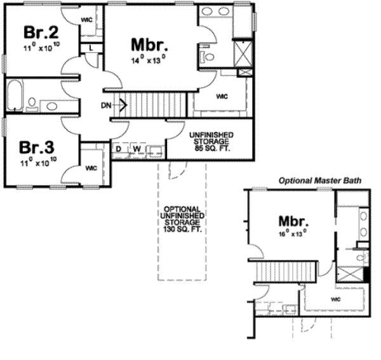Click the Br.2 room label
(x=37, y=32)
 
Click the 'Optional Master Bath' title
(x=320, y=181)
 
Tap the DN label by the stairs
(x=106, y=105)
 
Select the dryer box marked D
(x=119, y=149)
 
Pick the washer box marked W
(x=136, y=149)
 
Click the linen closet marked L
(x=92, y=48)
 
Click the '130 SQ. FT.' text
(x=183, y=230)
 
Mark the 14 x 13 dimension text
(x=149, y=61)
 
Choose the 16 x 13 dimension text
(x=293, y=233)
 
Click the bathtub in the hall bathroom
(x=15, y=96)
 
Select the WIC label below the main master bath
(x=222, y=97)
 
